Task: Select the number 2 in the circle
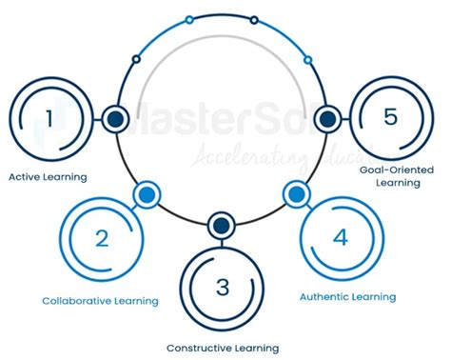(x=101, y=238)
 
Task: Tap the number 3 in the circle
(x=223, y=285)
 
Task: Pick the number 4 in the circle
(x=339, y=236)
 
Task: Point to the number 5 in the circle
(x=390, y=118)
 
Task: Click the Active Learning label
(x=48, y=176)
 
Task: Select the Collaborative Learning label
(x=100, y=301)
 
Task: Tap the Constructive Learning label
(x=223, y=348)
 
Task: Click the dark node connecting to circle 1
(x=116, y=119)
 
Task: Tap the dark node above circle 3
(x=222, y=226)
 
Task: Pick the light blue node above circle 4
(x=295, y=194)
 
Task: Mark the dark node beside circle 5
(x=327, y=119)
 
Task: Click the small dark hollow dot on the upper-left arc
(x=136, y=59)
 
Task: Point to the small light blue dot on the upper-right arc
(x=307, y=59)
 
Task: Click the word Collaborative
(x=78, y=301)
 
